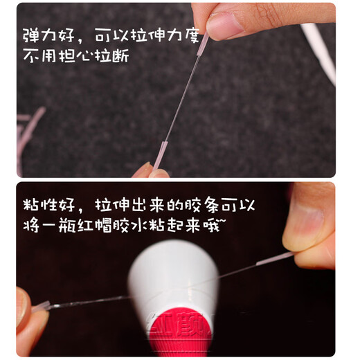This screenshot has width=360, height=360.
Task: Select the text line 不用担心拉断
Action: [75, 55]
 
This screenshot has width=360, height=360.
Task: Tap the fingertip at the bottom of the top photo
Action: [144, 170]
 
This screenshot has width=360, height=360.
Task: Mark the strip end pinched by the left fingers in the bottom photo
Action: [42, 305]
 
